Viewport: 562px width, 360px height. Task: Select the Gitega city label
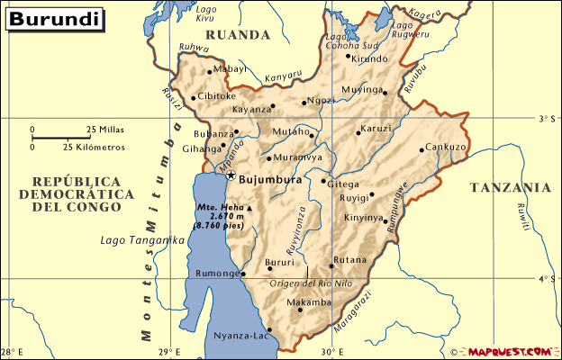tap(342, 184)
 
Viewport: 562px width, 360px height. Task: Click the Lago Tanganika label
tap(142, 240)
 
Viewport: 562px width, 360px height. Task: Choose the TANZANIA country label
tap(510, 188)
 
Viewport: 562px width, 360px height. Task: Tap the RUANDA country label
tap(238, 35)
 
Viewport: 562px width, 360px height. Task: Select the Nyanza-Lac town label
tap(239, 336)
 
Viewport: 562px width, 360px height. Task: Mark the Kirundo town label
tap(369, 58)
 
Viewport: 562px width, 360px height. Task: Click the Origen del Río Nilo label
tap(312, 283)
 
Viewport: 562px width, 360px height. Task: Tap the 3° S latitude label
tap(546, 119)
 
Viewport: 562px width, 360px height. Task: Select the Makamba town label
tap(309, 302)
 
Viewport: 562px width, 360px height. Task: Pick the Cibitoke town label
tap(217, 96)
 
